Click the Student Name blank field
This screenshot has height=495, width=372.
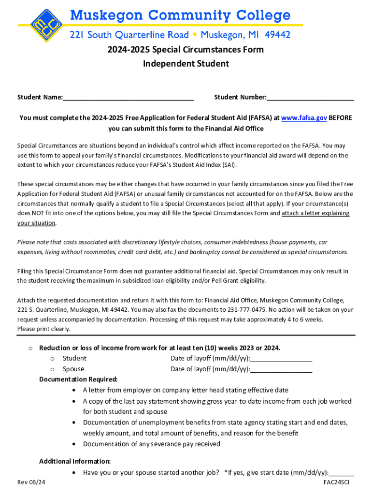click(128, 98)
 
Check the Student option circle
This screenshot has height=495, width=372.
click(53, 359)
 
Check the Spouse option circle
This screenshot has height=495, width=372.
click(53, 369)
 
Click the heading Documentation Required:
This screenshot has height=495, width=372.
click(78, 379)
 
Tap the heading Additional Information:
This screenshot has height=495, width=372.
click(75, 461)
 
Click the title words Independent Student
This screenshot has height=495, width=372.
click(186, 64)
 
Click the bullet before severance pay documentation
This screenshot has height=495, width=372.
click(73, 444)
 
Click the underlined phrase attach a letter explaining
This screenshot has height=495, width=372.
click(315, 213)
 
